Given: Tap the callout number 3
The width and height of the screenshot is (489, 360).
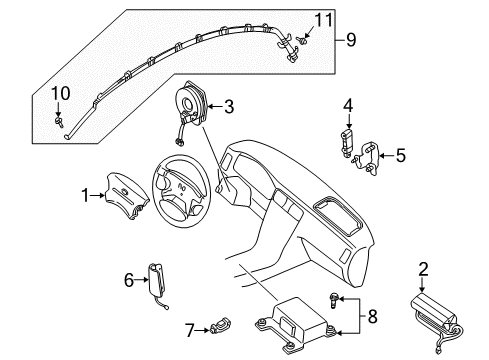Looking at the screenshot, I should click(x=230, y=106).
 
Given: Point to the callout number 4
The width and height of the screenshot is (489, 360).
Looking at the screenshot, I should click(x=347, y=105).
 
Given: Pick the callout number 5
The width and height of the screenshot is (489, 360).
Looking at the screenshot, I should click(x=401, y=155).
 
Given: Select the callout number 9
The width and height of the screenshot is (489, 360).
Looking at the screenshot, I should click(x=351, y=41).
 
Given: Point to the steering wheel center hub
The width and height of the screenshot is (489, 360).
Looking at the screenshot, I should click(x=180, y=188).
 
